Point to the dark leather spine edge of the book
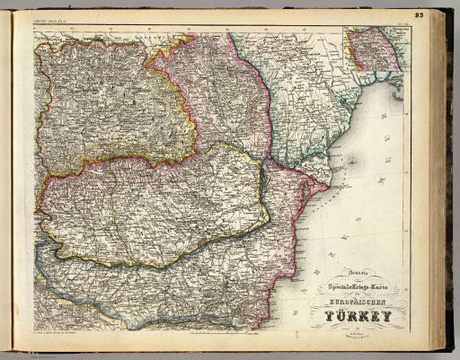tap(449, 180)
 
